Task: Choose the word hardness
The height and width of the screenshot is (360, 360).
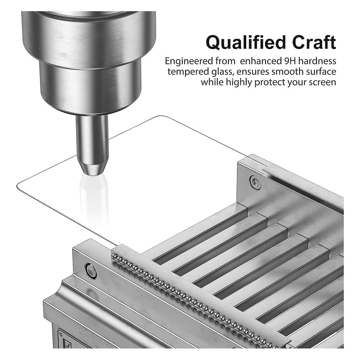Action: [317, 61]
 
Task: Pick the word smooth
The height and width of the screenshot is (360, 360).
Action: [288, 72]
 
